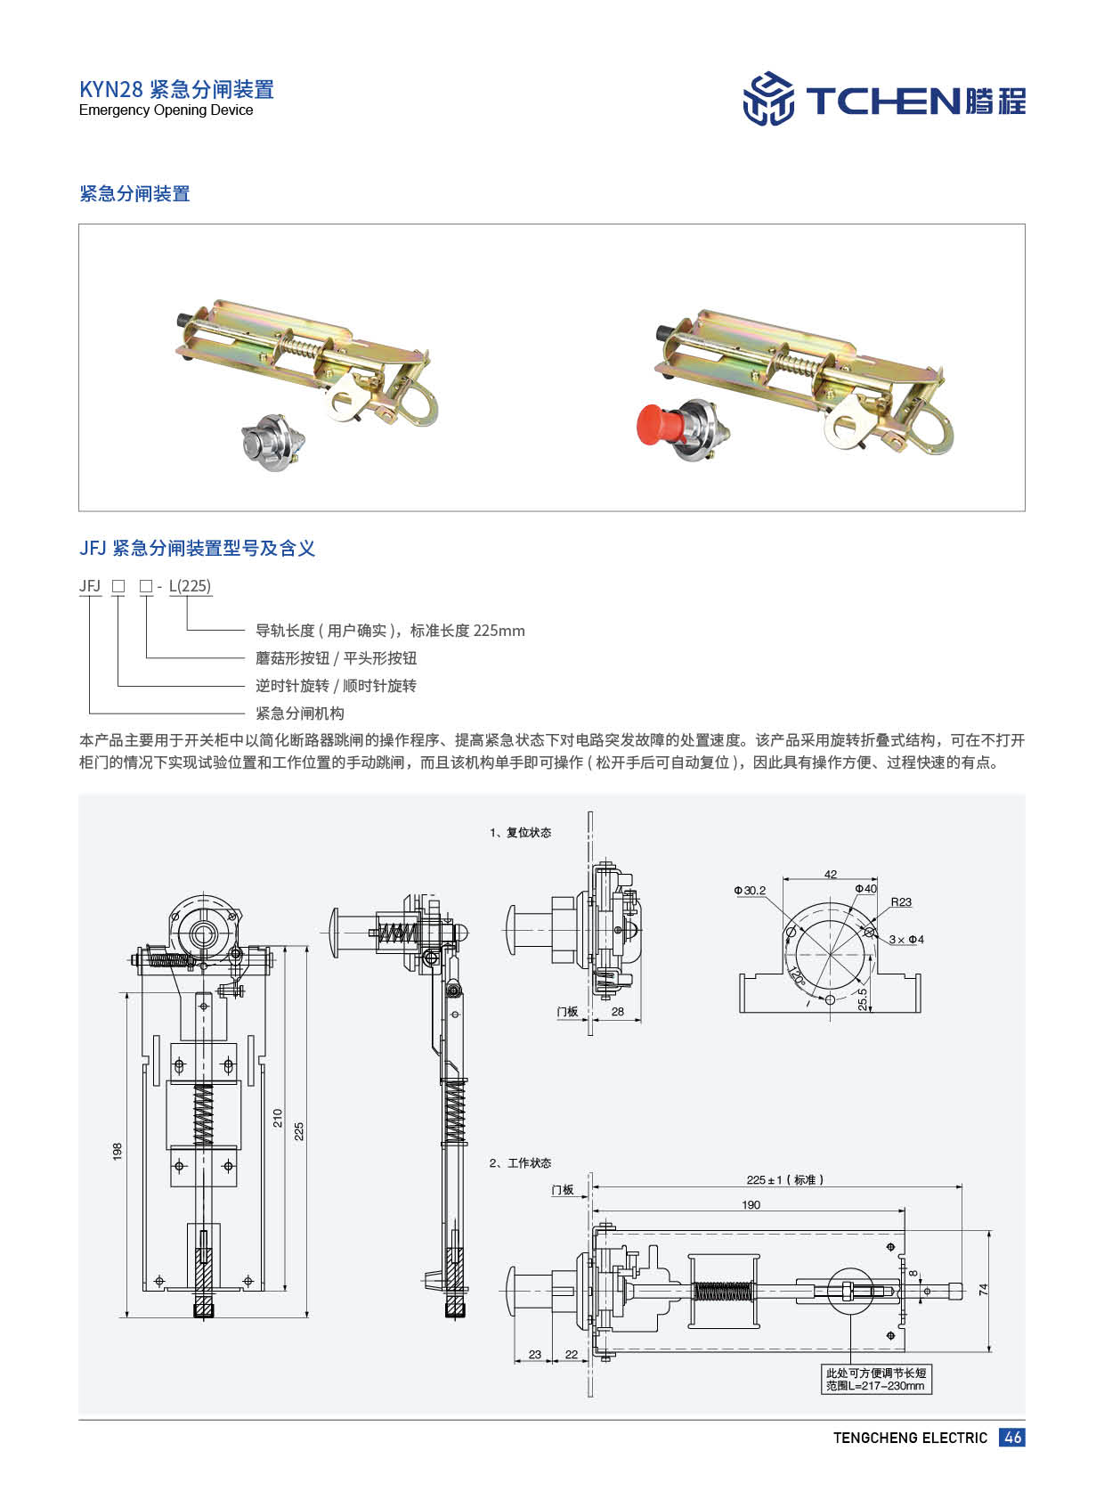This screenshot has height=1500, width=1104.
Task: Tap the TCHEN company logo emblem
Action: (x=768, y=99)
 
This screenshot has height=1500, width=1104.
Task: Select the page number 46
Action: (x=1011, y=1437)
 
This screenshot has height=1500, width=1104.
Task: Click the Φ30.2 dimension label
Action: (x=750, y=890)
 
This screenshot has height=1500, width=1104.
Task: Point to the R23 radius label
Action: (x=901, y=901)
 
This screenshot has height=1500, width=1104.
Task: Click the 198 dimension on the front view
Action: (x=118, y=1151)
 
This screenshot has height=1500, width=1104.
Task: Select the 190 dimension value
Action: (x=751, y=1204)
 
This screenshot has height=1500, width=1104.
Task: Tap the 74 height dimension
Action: (x=983, y=1288)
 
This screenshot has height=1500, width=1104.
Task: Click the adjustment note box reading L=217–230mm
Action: (x=876, y=1380)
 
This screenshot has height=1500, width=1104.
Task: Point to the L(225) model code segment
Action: (x=191, y=586)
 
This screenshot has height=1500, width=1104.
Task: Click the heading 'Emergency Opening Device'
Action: (x=166, y=110)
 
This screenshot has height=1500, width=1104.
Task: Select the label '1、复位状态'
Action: (x=520, y=832)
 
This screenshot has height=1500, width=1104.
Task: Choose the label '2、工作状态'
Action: (x=520, y=1162)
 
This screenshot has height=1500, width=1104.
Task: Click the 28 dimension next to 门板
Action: (x=617, y=1011)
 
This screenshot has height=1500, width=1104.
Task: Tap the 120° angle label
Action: (x=796, y=975)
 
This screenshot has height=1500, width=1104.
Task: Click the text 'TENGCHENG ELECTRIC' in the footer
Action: (x=910, y=1438)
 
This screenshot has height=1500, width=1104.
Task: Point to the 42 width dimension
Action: (x=830, y=874)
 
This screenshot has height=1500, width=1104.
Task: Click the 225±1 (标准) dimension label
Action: (x=784, y=1179)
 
